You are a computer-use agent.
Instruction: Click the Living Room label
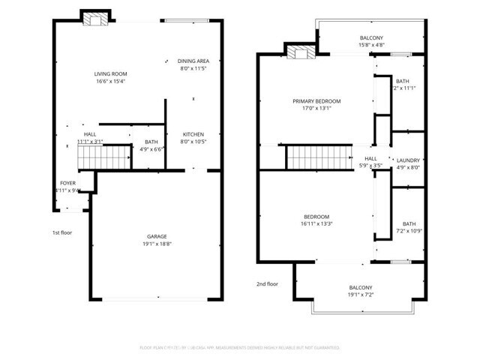pos(110,73)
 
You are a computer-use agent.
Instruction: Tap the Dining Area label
pos(193,61)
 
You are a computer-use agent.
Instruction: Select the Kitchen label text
pos(193,134)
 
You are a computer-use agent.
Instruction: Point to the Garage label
pos(156,236)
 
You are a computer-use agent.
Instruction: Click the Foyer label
pos(67,183)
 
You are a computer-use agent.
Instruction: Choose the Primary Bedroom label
pos(316,100)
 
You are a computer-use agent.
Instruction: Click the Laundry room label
pos(408,160)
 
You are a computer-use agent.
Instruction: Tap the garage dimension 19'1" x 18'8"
pos(156,244)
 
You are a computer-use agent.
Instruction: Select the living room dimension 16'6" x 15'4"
pos(110,82)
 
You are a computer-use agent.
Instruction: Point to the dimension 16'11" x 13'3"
pos(316,223)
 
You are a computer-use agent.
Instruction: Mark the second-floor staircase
pos(319,157)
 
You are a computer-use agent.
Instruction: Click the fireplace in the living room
pos(95,18)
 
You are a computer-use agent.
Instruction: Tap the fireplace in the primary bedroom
pos(301,52)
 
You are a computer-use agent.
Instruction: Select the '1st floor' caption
pos(61,232)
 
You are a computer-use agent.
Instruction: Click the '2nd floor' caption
pos(267,284)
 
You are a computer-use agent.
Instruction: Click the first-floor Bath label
pos(151,142)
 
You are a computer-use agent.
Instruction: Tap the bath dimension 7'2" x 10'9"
pos(409,231)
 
